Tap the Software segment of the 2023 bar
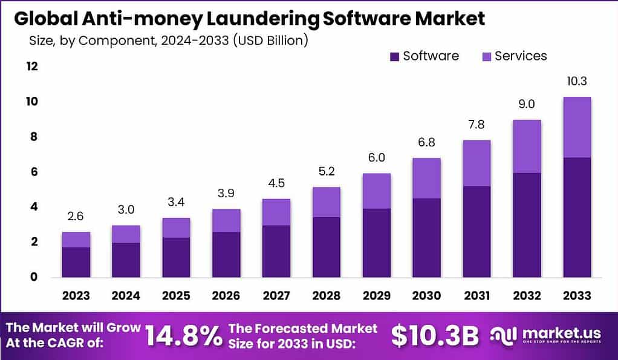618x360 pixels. (76, 261)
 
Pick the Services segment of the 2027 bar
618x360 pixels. (276, 212)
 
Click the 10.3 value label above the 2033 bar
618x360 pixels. (576, 81)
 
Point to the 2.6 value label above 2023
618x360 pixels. (76, 216)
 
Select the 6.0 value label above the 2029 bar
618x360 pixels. (376, 157)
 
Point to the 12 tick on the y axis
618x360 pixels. (31, 66)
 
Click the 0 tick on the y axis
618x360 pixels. (34, 277)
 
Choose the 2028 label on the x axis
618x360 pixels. (326, 295)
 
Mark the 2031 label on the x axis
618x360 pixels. (477, 295)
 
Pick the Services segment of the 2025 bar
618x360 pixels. (176, 227)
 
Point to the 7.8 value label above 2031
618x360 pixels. (477, 125)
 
